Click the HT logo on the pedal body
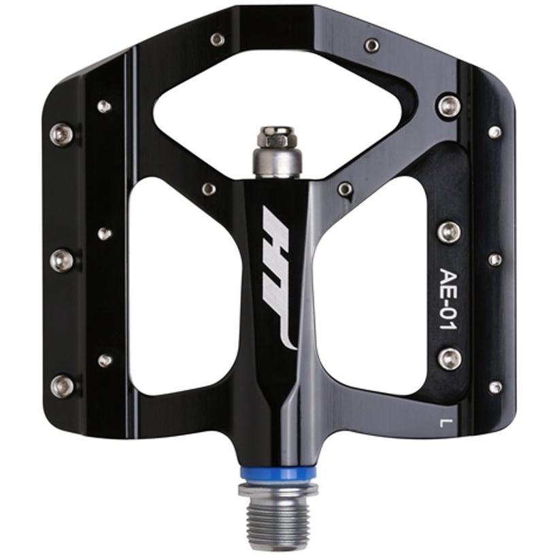point(278,277)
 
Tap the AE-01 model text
point(448,299)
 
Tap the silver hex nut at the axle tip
point(277,137)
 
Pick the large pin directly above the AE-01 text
point(450,232)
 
